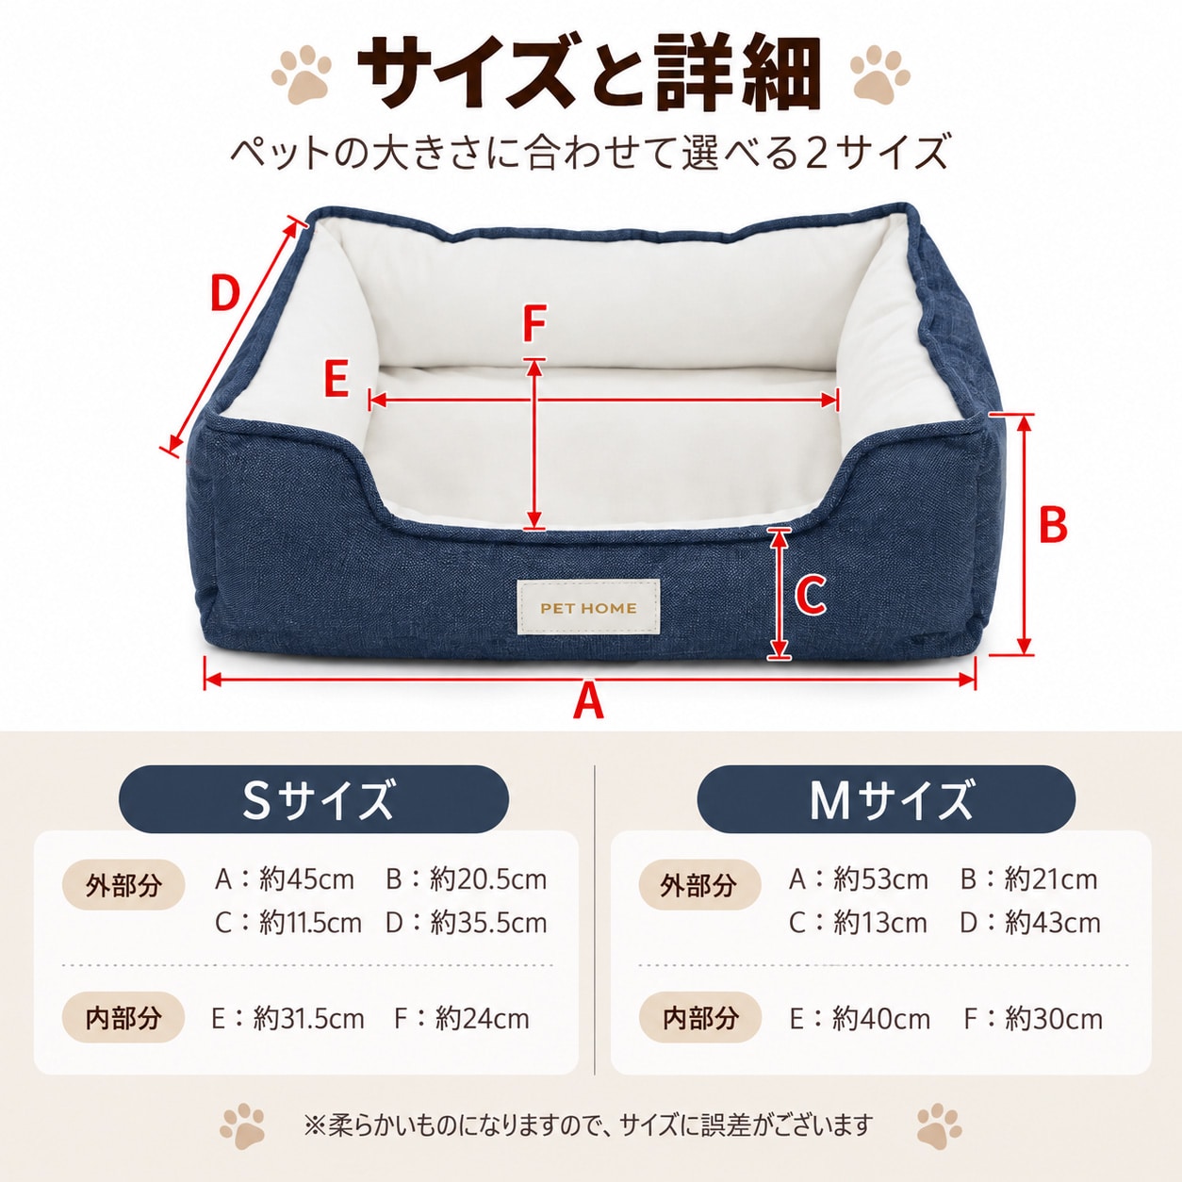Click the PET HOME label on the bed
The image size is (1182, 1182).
tap(587, 607)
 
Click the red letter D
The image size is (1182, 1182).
tap(223, 292)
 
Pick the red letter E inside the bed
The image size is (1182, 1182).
tap(337, 379)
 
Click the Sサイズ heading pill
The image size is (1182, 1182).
tap(314, 798)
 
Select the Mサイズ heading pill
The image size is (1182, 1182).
tap(886, 798)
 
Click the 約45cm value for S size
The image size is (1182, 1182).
tap(306, 879)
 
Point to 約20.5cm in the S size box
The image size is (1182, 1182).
tap(487, 879)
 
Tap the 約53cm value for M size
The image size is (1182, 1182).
tap(880, 879)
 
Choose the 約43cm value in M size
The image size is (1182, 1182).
tap(1053, 923)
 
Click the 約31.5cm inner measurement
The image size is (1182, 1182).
tap(308, 1019)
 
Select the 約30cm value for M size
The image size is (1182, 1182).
tap(1054, 1019)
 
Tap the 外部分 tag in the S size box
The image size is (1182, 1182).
tap(123, 884)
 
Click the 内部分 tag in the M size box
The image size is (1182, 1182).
tap(700, 1018)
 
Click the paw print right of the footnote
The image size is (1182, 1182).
tap(939, 1126)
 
